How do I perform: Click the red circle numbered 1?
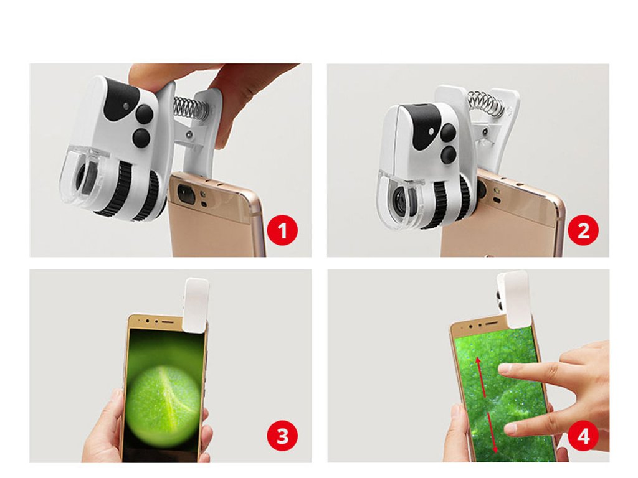tap(282, 230)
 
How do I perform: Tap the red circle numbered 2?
tap(583, 230)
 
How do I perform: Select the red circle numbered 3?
tap(282, 436)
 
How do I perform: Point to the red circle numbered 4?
tap(583, 436)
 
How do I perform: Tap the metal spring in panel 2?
tap(487, 103)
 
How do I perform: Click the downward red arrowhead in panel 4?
tap(495, 449)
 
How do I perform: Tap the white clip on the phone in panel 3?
tap(196, 305)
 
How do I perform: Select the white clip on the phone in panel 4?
tap(513, 299)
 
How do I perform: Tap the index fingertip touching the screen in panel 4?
tap(505, 368)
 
